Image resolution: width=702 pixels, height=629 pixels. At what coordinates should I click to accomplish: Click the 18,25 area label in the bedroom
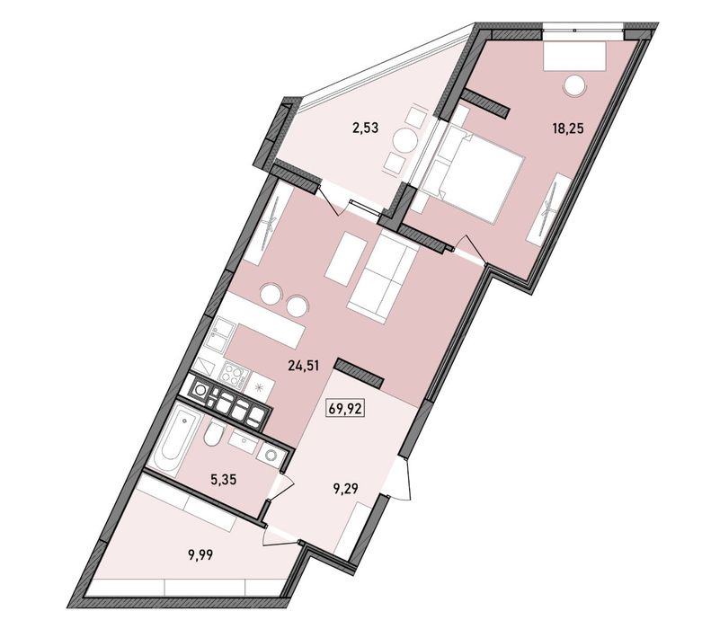(568, 128)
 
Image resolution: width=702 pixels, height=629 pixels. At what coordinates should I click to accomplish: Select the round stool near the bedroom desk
(573, 87)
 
